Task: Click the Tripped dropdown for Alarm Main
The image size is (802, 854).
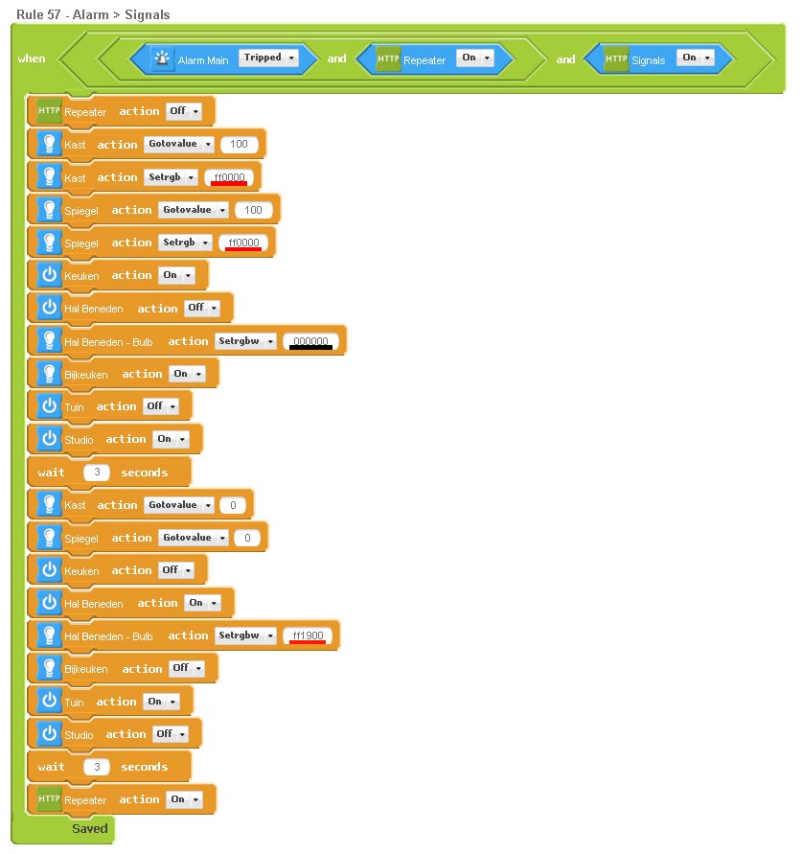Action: [268, 58]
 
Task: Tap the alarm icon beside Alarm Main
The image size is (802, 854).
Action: [163, 59]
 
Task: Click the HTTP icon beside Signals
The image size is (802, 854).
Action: [616, 59]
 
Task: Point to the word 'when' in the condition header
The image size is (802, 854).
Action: [32, 58]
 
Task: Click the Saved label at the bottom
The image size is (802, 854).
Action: [89, 828]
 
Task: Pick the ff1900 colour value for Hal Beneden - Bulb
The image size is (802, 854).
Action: [309, 635]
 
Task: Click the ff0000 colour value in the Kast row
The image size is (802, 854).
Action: [230, 177]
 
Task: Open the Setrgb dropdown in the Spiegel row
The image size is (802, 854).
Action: [185, 242]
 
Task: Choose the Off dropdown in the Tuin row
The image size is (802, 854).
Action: [160, 406]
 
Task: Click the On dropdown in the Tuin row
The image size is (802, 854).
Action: [160, 702]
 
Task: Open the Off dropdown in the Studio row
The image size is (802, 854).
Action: [170, 734]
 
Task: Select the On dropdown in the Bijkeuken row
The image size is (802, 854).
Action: [186, 374]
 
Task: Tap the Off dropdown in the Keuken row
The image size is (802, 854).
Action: [175, 570]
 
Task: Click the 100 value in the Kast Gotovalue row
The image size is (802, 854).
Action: [239, 145]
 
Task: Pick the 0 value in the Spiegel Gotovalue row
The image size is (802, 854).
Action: [247, 538]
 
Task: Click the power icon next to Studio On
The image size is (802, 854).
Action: [49, 439]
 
